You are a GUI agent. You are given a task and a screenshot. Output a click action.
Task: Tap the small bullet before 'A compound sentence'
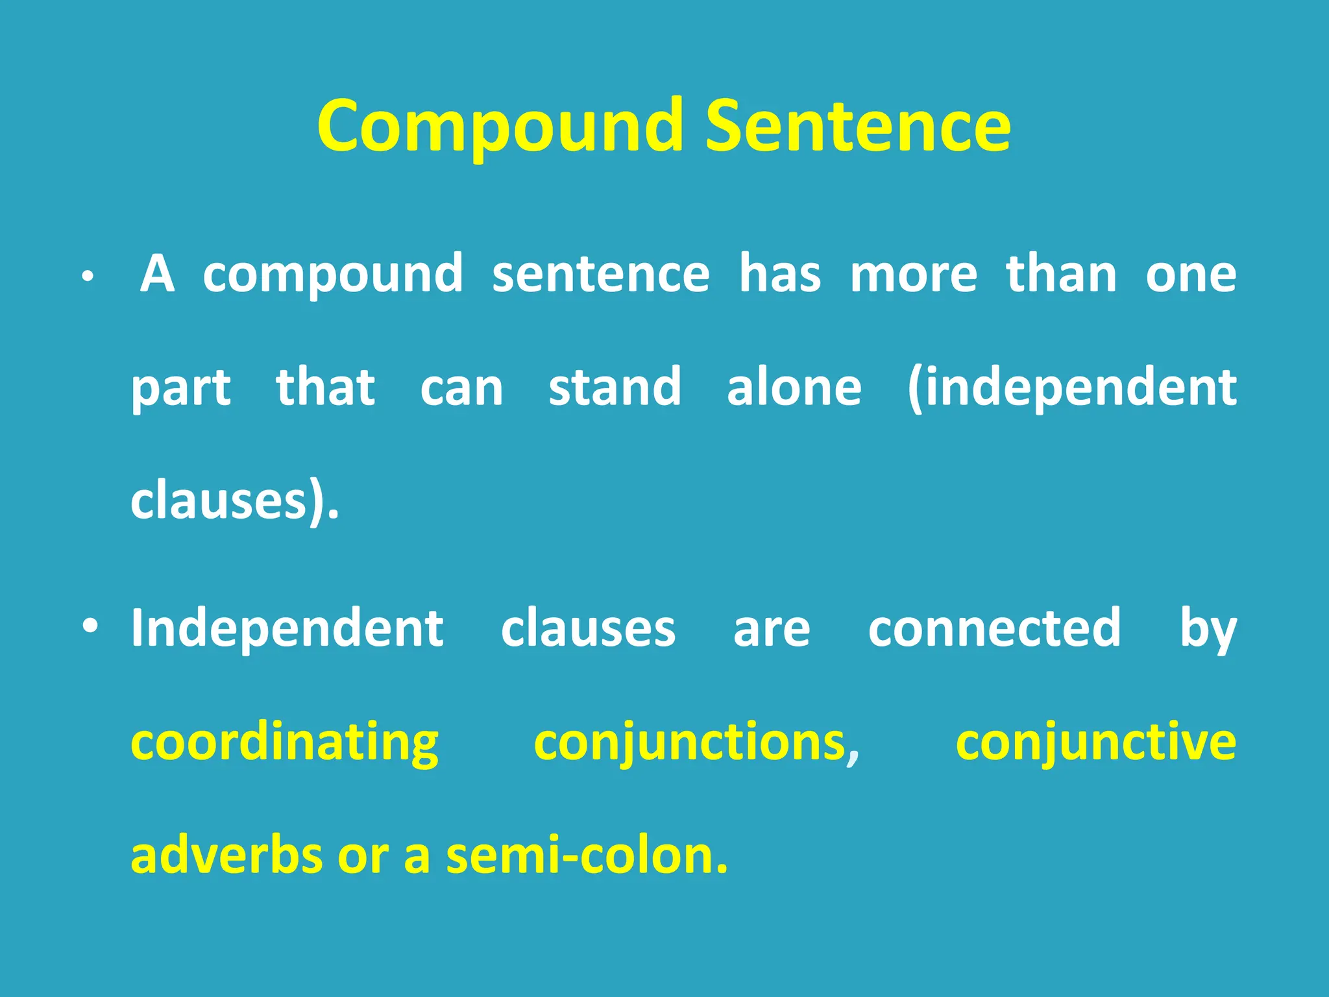point(88,277)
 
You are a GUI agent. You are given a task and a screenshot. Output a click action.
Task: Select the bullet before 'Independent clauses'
point(91,626)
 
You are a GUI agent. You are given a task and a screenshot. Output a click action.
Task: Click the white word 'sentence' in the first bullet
point(600,275)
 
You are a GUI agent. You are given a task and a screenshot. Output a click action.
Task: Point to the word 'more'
point(913,275)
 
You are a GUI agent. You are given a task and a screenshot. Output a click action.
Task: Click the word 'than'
point(1061,275)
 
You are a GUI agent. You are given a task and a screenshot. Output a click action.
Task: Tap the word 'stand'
point(615,388)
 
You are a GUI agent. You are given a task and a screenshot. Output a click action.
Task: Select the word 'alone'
point(794,388)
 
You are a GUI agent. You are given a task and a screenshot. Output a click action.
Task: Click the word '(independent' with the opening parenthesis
point(1071,388)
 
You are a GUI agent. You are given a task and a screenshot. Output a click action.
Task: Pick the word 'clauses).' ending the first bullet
point(235,500)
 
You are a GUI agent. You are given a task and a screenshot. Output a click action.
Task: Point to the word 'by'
point(1208,630)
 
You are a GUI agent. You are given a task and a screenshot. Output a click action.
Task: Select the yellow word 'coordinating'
point(285,743)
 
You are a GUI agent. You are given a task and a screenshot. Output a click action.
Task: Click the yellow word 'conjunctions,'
point(696,743)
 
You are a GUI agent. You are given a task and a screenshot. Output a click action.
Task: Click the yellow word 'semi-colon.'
point(587,855)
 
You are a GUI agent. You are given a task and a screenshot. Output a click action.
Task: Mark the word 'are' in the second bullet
point(772,629)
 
